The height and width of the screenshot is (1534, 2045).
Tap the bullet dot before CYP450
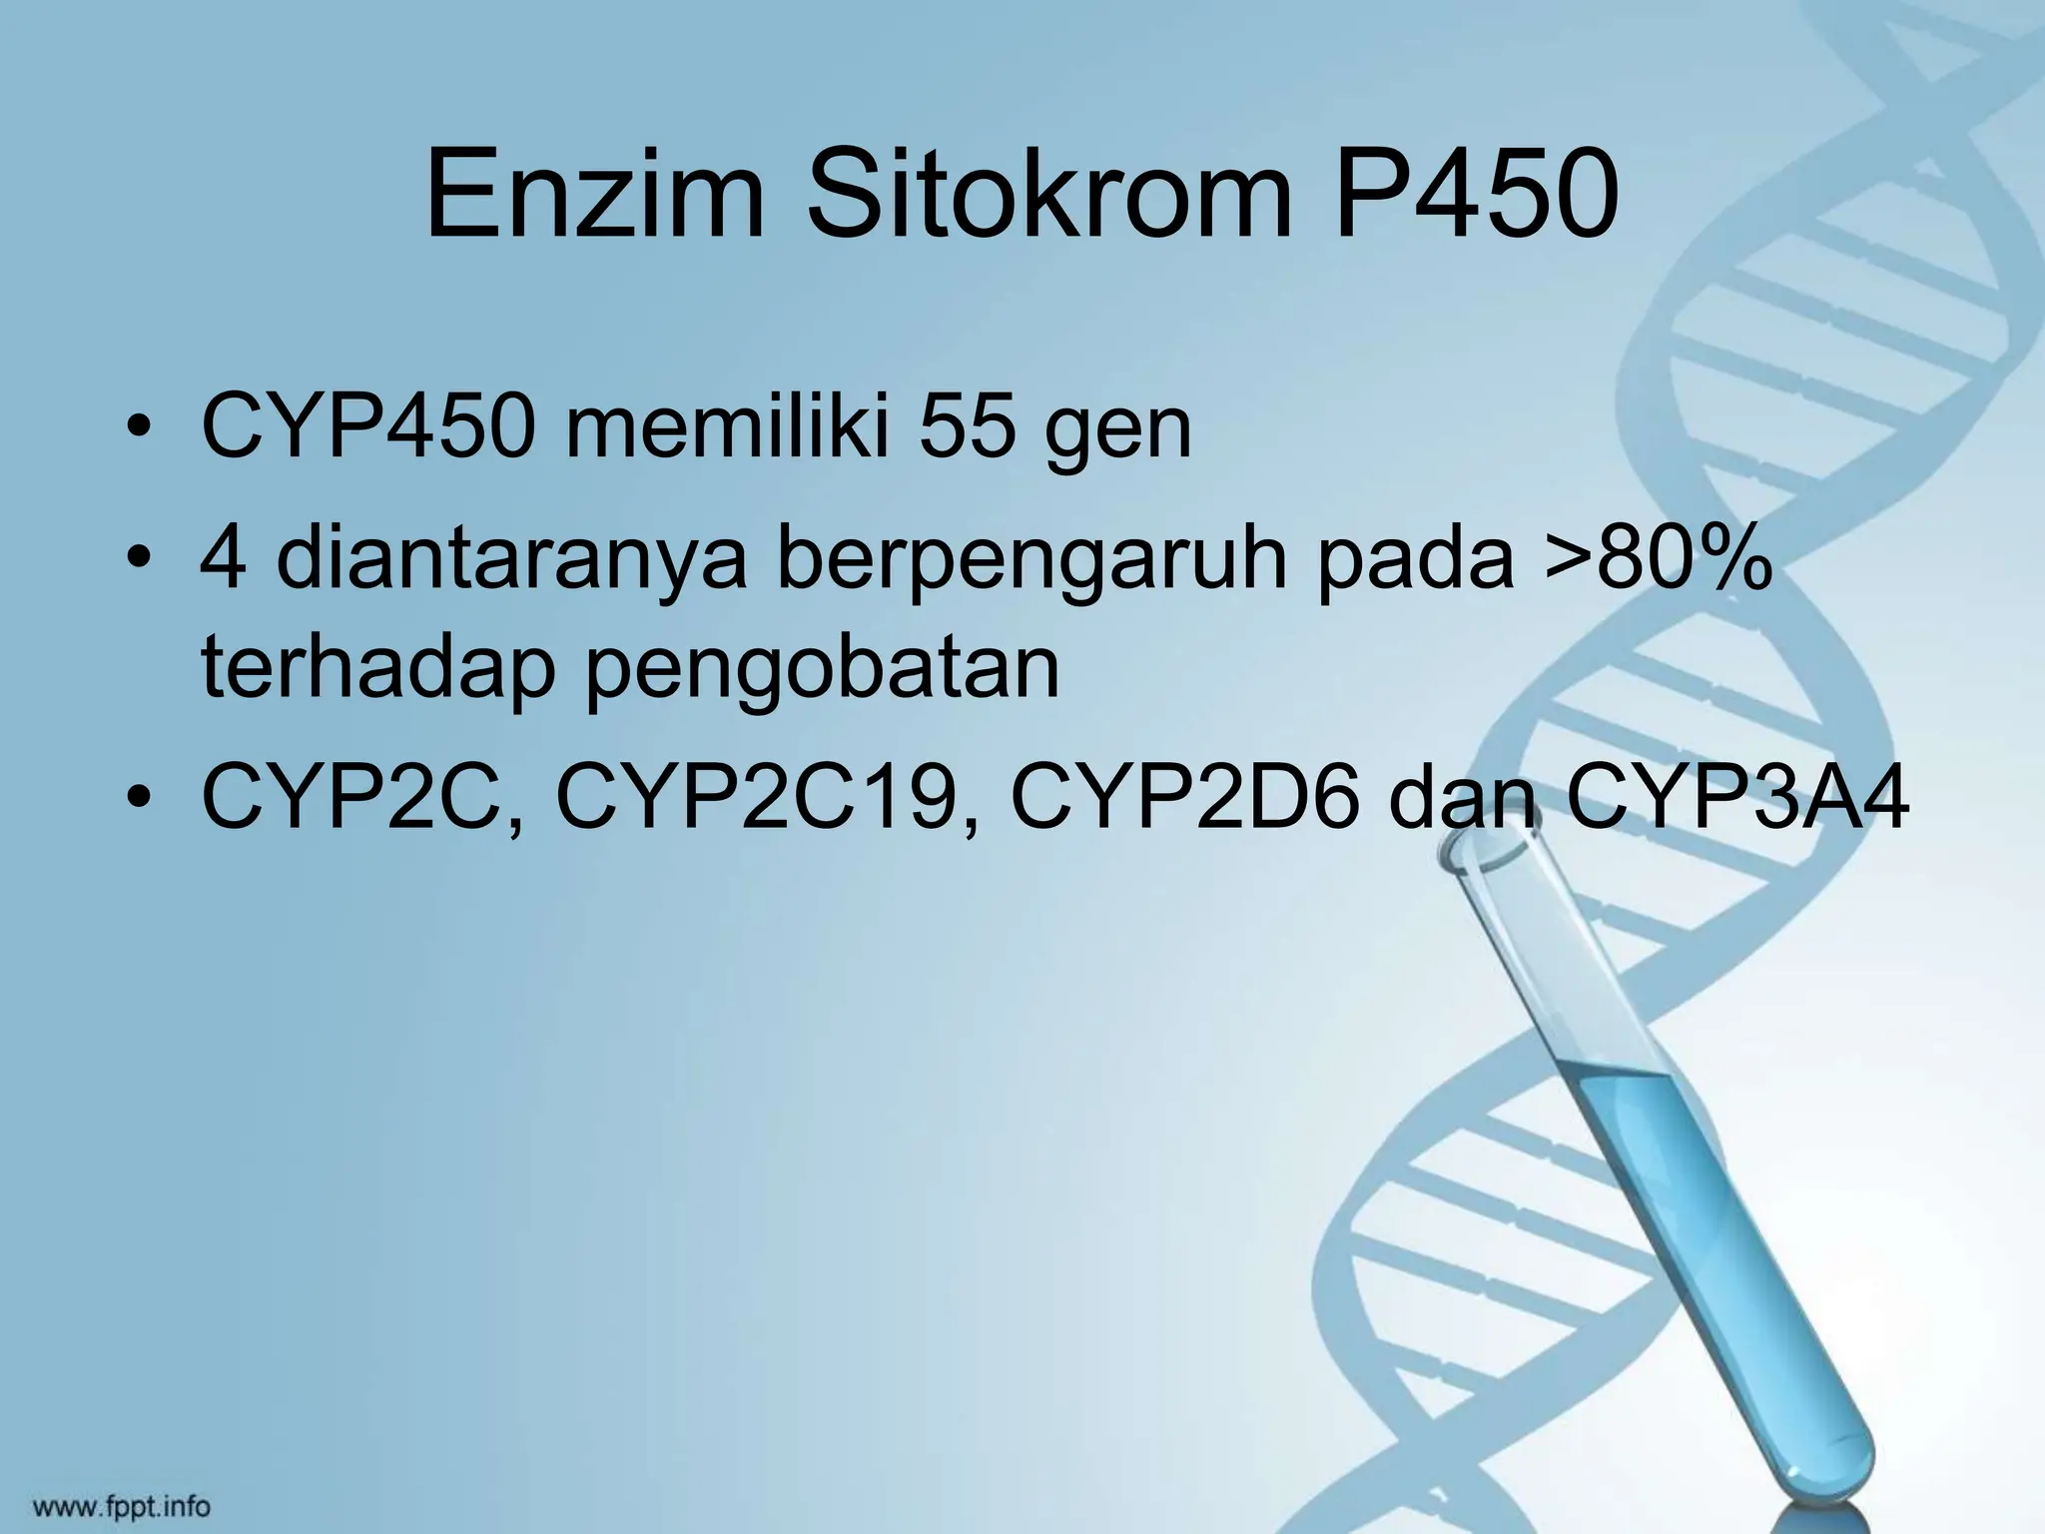click(141, 431)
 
